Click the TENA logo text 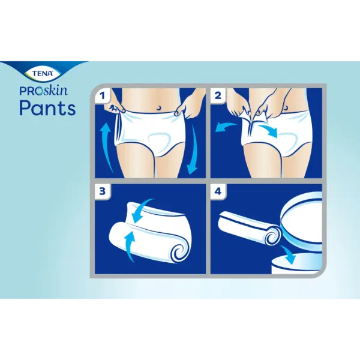[x=43, y=73]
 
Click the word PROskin [x=44, y=91]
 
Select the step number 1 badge [x=103, y=95]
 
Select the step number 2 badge [x=218, y=95]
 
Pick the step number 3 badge [x=103, y=191]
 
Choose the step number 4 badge [x=218, y=191]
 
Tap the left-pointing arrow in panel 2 [x=226, y=127]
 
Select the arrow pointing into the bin [x=287, y=254]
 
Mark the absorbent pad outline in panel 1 [x=160, y=139]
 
